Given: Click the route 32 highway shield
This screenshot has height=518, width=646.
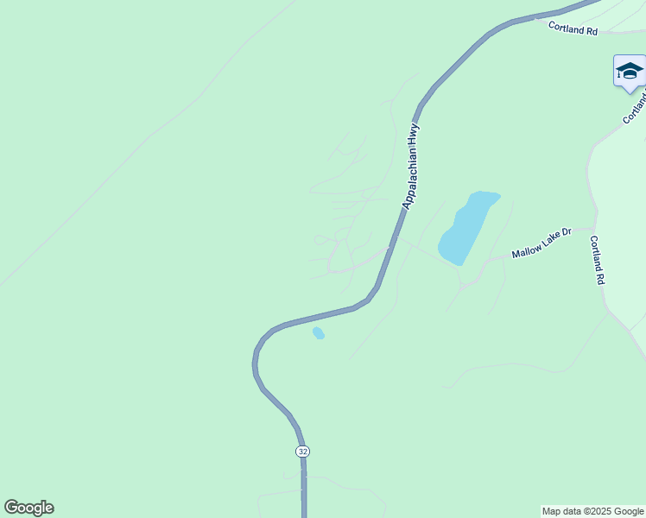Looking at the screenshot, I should pyautogui.click(x=301, y=452).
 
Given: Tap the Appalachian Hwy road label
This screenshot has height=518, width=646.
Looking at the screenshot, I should pyautogui.click(x=411, y=166).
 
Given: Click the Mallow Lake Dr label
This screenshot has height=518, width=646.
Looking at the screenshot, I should pyautogui.click(x=541, y=243).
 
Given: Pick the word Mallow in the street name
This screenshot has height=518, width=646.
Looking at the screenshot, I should pyautogui.click(x=526, y=250).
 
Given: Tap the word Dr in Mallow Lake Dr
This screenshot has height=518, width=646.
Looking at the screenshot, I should pyautogui.click(x=567, y=232).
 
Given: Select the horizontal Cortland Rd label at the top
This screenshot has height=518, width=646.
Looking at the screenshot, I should pyautogui.click(x=573, y=28).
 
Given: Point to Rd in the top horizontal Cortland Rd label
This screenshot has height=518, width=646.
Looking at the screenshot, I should pyautogui.click(x=591, y=30).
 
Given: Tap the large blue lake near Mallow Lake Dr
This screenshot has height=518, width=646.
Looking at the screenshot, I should pyautogui.click(x=465, y=228).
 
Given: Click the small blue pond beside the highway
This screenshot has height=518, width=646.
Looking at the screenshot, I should pyautogui.click(x=318, y=332).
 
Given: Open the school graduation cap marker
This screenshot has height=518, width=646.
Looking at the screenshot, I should pyautogui.click(x=629, y=71).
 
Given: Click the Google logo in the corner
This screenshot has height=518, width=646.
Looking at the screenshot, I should pyautogui.click(x=28, y=508).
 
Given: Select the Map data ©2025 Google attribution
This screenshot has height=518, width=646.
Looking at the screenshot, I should pyautogui.click(x=592, y=511).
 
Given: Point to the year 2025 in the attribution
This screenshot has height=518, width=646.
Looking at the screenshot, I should pyautogui.click(x=598, y=511).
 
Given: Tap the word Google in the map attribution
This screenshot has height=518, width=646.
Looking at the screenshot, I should pyautogui.click(x=627, y=511).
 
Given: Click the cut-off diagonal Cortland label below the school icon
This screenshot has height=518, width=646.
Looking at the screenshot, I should pyautogui.click(x=635, y=107).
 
